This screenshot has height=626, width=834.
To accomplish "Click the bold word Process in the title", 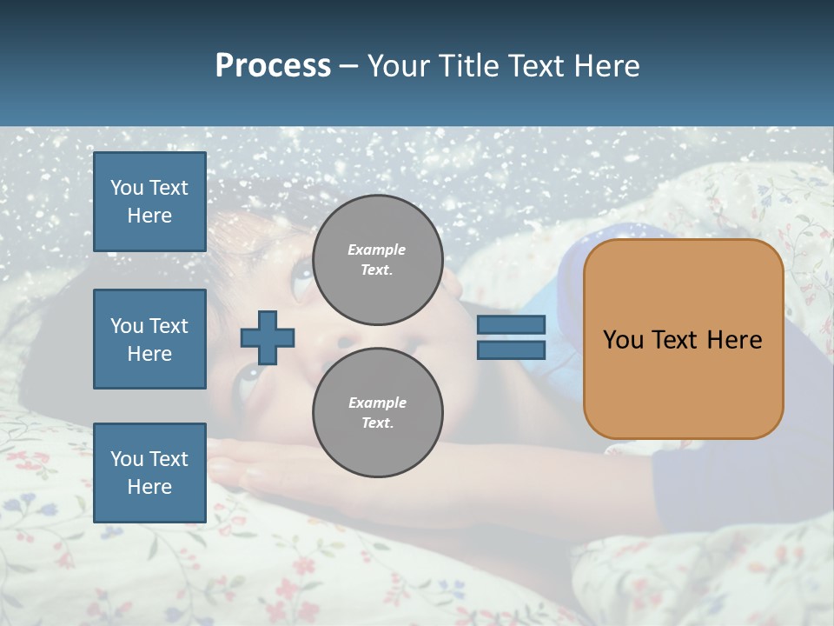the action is click(273, 66).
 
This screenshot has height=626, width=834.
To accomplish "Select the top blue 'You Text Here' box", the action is click(149, 202).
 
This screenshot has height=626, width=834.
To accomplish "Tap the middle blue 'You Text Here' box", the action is click(149, 339).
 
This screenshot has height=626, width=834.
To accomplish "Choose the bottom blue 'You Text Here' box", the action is click(149, 473).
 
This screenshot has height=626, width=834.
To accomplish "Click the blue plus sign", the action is click(268, 337).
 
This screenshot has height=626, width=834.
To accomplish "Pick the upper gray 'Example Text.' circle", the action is click(377, 260).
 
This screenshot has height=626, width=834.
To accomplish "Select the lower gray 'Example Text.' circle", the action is click(377, 412).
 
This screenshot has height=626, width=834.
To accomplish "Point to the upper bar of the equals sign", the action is click(511, 325).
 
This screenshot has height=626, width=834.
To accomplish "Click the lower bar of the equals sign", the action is click(511, 350).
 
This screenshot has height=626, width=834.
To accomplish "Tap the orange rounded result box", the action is click(683, 339).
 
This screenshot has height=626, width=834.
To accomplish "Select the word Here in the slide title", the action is click(607, 66).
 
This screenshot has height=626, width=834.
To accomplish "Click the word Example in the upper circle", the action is click(377, 250).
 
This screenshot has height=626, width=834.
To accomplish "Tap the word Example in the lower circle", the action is click(377, 403).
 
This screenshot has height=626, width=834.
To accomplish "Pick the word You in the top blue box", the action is click(127, 188).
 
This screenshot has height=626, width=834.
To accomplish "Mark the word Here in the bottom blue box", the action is click(149, 487).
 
